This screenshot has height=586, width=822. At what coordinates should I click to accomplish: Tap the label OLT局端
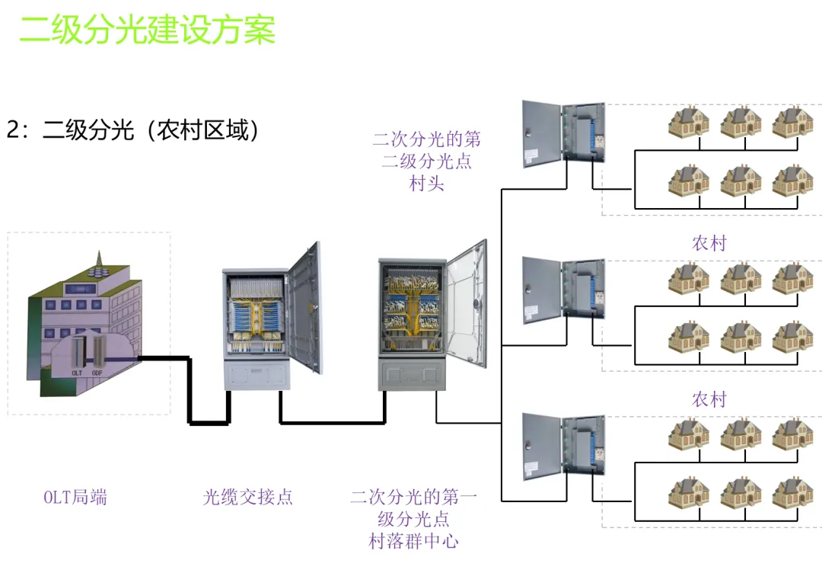tap(75, 498)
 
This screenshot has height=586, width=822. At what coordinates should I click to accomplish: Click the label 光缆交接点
tap(247, 498)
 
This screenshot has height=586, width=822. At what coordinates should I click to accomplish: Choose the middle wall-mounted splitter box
tap(563, 290)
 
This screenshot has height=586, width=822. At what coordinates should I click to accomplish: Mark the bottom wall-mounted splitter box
tap(563, 446)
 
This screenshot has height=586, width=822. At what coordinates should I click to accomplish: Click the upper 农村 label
tap(709, 244)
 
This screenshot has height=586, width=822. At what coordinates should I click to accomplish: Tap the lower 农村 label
tap(709, 399)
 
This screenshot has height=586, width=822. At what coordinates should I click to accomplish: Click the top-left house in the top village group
tap(688, 122)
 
